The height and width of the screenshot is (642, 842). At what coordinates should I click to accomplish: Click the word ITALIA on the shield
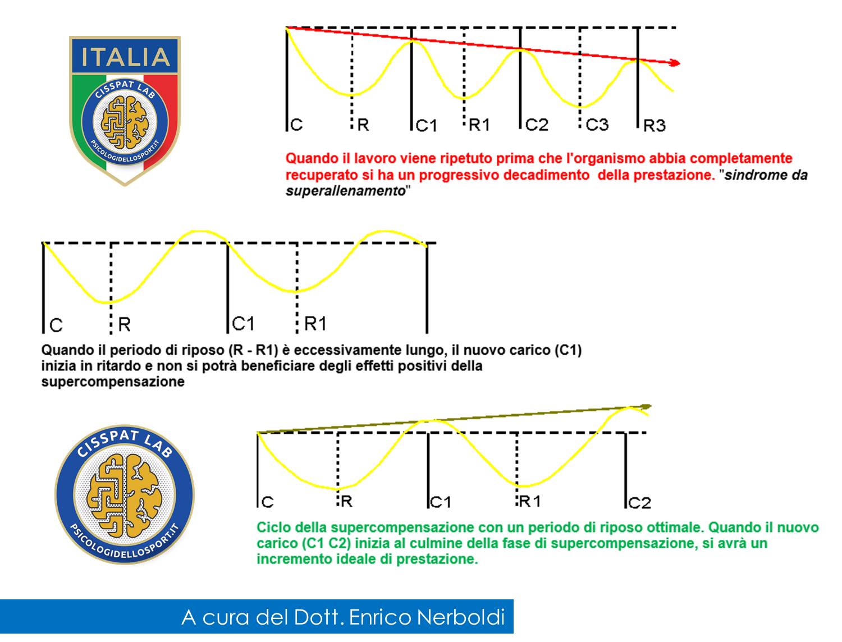pyautogui.click(x=125, y=57)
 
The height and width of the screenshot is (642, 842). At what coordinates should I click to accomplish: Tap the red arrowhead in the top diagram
pyautogui.click(x=674, y=63)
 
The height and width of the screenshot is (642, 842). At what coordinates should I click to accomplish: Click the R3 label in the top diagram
pyautogui.click(x=655, y=125)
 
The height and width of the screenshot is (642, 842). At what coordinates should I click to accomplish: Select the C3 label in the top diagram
pyautogui.click(x=597, y=125)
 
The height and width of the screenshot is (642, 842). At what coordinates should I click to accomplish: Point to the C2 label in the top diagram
pyautogui.click(x=537, y=125)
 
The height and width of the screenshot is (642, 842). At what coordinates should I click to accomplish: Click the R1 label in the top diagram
pyautogui.click(x=479, y=125)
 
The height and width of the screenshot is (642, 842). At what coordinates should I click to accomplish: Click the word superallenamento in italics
pyautogui.click(x=346, y=191)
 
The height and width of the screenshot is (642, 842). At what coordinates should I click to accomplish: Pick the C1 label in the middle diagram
pyautogui.click(x=243, y=324)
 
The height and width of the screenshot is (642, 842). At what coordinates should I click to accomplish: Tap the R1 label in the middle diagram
pyautogui.click(x=315, y=324)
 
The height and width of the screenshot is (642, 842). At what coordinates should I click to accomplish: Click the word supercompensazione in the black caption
pyautogui.click(x=113, y=382)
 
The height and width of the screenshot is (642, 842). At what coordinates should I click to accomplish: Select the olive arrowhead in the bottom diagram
pyautogui.click(x=646, y=407)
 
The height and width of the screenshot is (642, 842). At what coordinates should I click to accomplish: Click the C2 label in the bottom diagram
pyautogui.click(x=640, y=503)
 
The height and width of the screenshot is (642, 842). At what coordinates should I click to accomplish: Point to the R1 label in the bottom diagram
pyautogui.click(x=530, y=501)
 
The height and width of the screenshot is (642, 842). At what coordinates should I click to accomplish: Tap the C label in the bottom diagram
pyautogui.click(x=268, y=502)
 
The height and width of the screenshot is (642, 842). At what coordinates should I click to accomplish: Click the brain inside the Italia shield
pyautogui.click(x=125, y=122)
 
